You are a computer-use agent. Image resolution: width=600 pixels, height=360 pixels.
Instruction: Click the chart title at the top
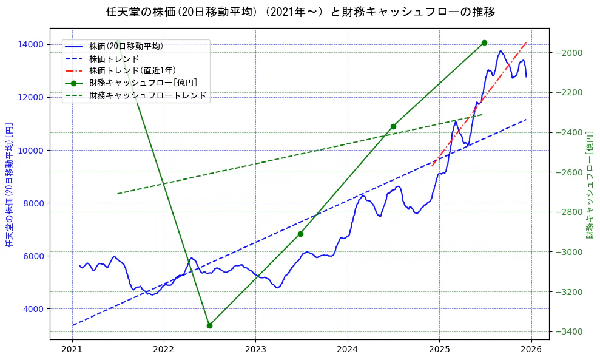tap(300, 12)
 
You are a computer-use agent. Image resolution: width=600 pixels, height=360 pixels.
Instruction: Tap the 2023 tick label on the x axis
tap(255, 349)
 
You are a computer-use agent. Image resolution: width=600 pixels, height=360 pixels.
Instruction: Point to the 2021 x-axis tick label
tap(72, 349)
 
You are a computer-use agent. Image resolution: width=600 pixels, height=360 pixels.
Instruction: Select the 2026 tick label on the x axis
tap(531, 349)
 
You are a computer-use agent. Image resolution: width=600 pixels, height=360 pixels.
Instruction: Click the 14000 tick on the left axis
tap(30, 44)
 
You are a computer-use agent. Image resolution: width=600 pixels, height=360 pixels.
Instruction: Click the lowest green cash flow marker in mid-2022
tap(209, 325)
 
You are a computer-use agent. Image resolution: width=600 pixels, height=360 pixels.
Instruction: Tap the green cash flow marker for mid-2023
tap(300, 234)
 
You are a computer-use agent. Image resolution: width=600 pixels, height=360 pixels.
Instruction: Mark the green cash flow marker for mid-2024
tap(393, 126)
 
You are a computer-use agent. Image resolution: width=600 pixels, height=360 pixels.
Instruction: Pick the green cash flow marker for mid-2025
tap(484, 42)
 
